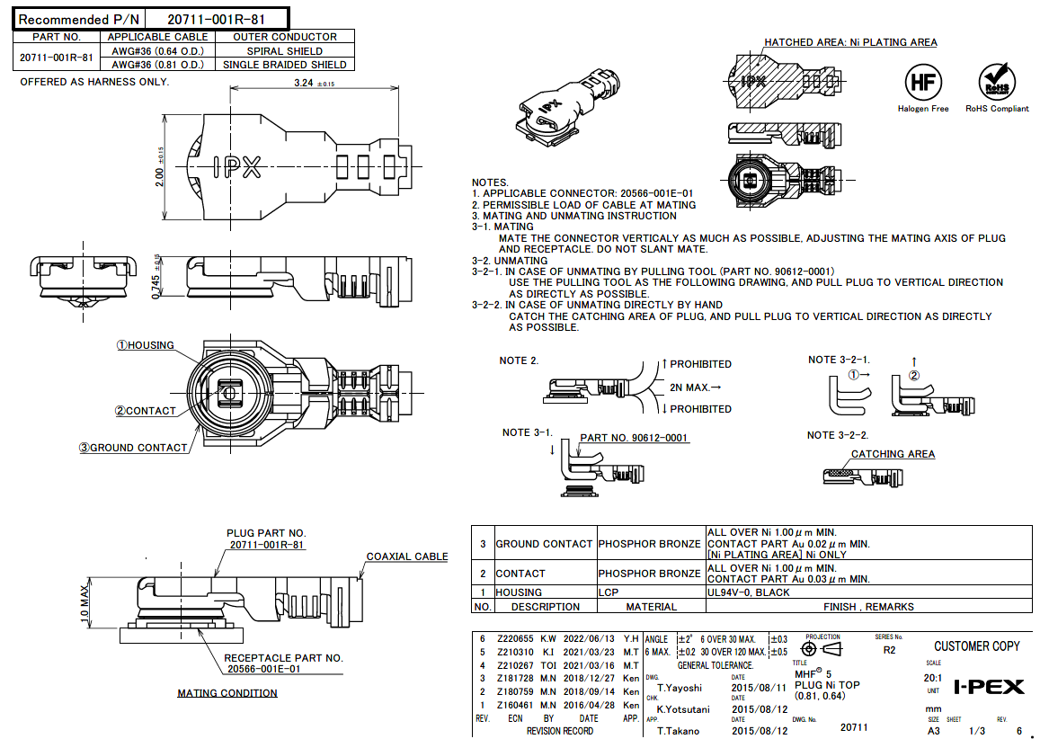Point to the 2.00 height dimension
tap(158, 166)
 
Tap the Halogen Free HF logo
tap(922, 82)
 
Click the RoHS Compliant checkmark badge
tap(996, 82)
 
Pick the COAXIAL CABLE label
tap(406, 556)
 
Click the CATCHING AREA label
tap(893, 454)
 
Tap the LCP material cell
tap(610, 592)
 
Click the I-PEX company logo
tap(988, 687)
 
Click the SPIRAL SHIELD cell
tap(285, 51)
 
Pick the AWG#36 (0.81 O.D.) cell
tap(158, 65)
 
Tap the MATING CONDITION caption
tap(227, 693)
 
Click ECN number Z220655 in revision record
tap(515, 638)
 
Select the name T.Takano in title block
tap(679, 731)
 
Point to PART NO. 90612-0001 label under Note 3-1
tap(634, 438)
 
